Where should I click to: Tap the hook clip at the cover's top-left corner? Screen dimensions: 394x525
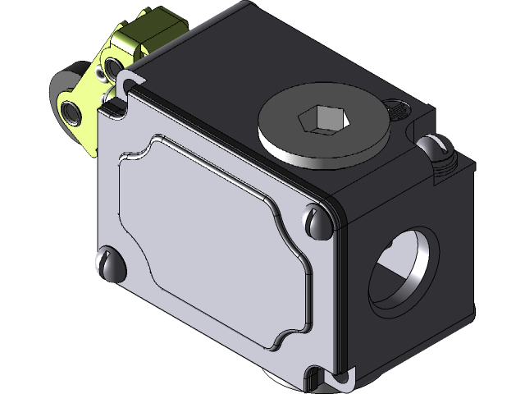coord(127,80)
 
